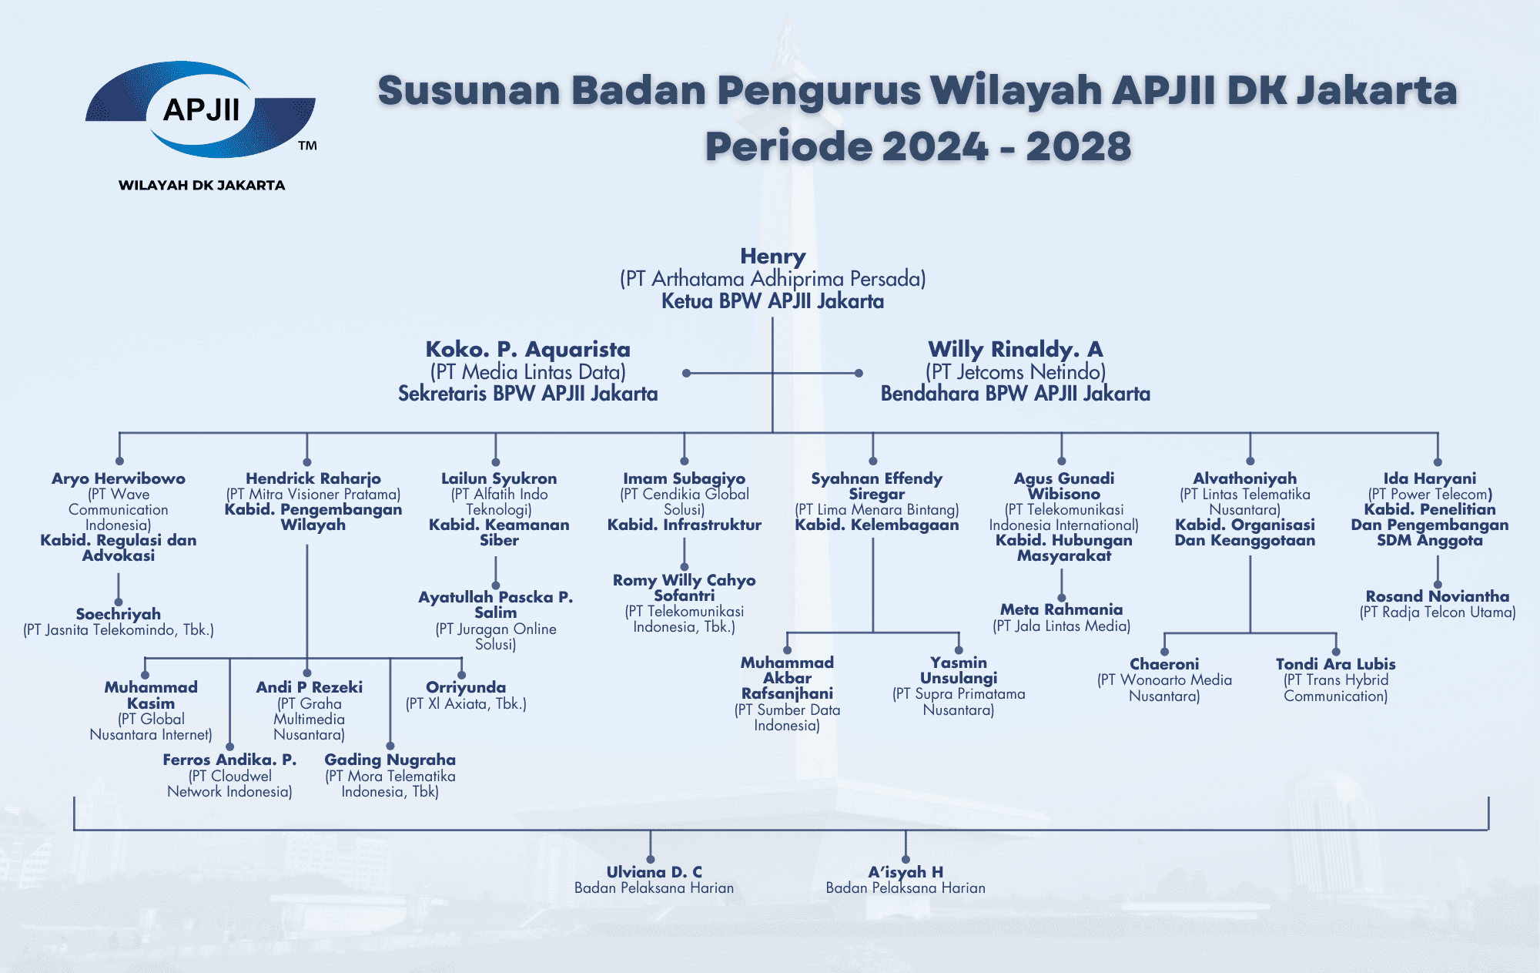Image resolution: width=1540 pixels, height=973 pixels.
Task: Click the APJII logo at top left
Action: click(x=200, y=109)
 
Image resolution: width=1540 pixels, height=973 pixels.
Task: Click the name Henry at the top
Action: click(x=772, y=257)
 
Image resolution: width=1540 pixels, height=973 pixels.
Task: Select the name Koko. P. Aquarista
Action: click(x=527, y=350)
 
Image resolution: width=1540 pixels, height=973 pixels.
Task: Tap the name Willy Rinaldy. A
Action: click(x=1015, y=350)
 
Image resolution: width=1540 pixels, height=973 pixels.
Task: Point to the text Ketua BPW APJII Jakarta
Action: click(x=772, y=301)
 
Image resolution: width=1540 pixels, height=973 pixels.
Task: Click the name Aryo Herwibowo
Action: click(x=119, y=478)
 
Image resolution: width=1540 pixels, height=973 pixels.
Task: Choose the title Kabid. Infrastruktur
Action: click(x=684, y=525)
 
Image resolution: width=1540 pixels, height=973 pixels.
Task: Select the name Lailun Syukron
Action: click(x=498, y=478)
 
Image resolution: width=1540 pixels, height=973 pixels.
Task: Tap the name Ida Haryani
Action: click(x=1429, y=478)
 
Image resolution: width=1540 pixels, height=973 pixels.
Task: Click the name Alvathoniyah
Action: click(x=1244, y=478)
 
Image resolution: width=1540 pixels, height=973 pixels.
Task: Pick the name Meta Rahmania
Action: click(x=1061, y=609)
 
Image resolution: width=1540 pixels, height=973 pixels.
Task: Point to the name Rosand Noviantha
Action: click(x=1437, y=596)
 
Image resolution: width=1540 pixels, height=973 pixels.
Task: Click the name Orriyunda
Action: click(x=465, y=687)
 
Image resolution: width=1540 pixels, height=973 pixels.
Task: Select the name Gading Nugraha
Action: click(x=390, y=760)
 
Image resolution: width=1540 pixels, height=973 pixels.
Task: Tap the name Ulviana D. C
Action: click(x=654, y=872)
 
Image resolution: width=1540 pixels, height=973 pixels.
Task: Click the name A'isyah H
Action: click(x=906, y=872)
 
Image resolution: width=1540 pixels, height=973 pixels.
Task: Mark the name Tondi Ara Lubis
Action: click(x=1335, y=664)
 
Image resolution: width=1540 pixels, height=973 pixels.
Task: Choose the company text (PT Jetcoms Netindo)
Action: click(x=1015, y=372)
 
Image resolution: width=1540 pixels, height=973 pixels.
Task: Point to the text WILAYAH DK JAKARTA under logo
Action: click(x=202, y=185)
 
